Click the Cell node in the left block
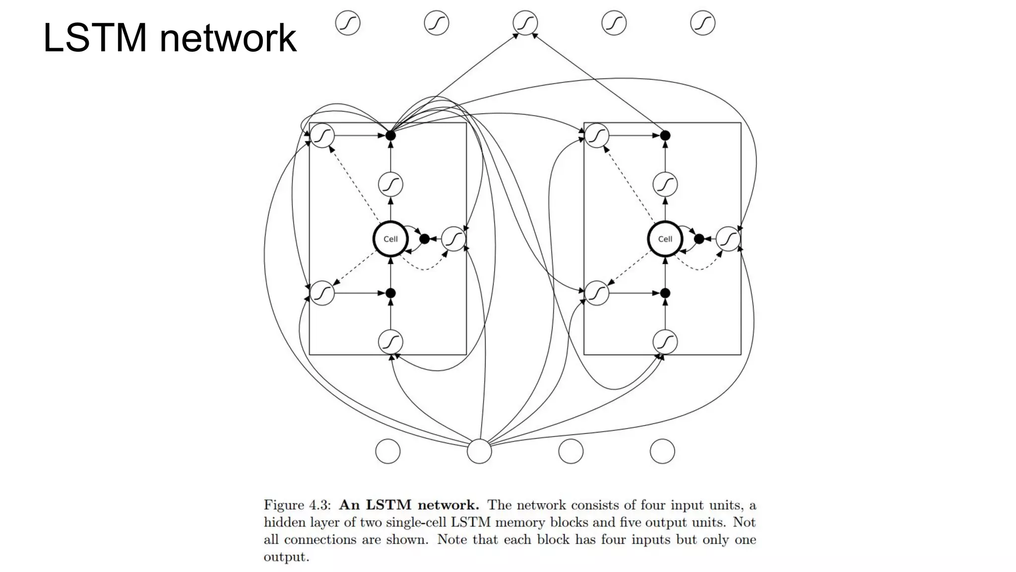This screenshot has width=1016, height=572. click(390, 239)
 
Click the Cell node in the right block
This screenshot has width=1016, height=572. click(665, 239)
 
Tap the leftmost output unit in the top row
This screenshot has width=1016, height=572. click(348, 23)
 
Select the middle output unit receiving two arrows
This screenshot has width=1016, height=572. click(525, 23)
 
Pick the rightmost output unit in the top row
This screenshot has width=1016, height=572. click(702, 23)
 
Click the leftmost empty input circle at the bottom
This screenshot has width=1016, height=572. click(388, 451)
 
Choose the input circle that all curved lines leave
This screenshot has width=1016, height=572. click(479, 451)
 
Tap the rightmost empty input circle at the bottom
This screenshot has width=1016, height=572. click(662, 451)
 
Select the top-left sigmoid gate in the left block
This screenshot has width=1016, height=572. click(322, 135)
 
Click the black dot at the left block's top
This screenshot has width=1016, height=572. click(390, 135)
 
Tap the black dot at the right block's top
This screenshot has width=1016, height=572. click(665, 135)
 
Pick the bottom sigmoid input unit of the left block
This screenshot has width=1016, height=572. click(390, 342)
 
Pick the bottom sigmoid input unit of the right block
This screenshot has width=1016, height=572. click(665, 342)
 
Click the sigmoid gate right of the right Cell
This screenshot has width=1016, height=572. click(728, 239)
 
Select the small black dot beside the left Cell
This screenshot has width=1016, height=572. click(424, 239)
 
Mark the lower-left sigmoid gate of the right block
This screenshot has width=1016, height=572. click(597, 293)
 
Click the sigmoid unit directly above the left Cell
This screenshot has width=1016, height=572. click(390, 185)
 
